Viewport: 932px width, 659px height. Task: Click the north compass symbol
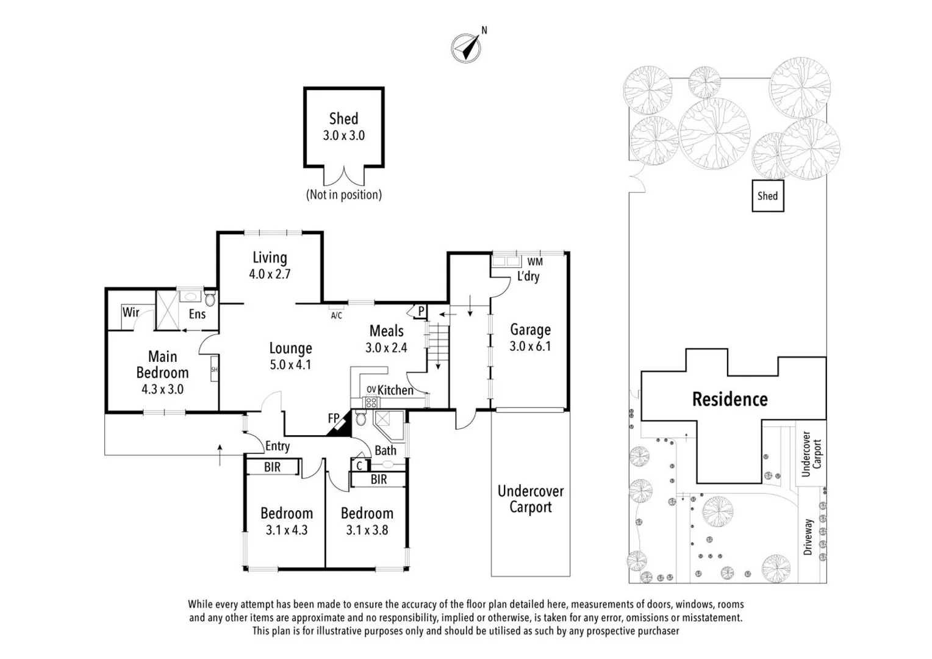[466, 48]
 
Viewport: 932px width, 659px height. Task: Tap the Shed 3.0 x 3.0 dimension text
[343, 135]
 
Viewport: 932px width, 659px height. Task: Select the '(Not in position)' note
[343, 195]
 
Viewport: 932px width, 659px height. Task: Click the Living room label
[270, 257]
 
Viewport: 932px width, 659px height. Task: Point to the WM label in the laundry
[535, 262]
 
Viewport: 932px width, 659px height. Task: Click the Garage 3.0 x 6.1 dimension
[530, 346]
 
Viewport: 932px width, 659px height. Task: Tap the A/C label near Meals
[336, 315]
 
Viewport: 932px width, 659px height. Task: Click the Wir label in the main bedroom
[131, 312]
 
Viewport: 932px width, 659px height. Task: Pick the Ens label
[197, 314]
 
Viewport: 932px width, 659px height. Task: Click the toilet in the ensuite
[210, 298]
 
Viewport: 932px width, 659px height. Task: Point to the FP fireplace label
[334, 418]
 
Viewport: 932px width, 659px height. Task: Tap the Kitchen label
[395, 390]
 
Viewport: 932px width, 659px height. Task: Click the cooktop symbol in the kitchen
[371, 402]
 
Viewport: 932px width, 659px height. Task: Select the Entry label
[277, 446]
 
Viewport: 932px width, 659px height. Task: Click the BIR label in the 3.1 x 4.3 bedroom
[272, 467]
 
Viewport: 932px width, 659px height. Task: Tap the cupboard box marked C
[359, 466]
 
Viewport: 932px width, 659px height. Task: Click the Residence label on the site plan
[729, 399]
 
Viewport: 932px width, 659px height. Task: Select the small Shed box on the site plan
[768, 196]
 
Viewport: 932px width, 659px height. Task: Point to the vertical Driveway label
[808, 536]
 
